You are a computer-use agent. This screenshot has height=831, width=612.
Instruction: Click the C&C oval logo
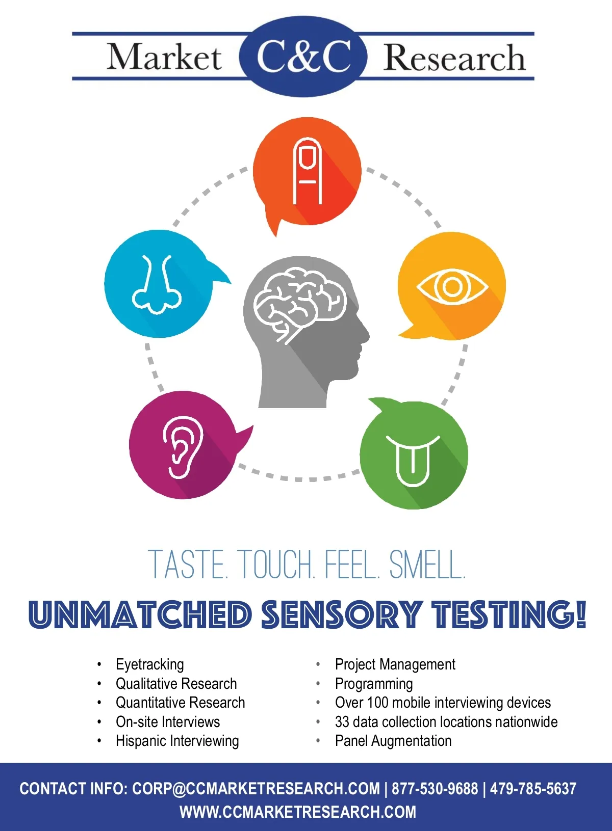(x=303, y=57)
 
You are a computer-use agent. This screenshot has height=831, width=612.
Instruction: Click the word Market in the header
(x=164, y=57)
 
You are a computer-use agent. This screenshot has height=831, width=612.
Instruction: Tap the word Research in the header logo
(x=454, y=57)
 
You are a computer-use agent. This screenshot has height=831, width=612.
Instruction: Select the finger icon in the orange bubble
(x=307, y=172)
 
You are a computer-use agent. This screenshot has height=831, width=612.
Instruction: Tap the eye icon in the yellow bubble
(x=452, y=287)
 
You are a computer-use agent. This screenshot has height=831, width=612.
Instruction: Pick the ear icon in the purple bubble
(x=183, y=447)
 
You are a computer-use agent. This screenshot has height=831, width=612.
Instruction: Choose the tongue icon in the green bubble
(x=413, y=461)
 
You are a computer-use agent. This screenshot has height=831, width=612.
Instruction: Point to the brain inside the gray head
(x=300, y=304)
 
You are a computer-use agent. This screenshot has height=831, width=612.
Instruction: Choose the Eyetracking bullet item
(x=149, y=664)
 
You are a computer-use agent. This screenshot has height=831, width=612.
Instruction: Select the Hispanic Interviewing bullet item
(x=177, y=741)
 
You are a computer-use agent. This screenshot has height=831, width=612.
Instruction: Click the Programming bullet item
(x=374, y=684)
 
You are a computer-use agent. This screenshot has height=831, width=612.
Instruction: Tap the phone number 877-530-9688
(x=435, y=789)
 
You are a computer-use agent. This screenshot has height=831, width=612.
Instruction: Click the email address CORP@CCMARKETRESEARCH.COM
(x=256, y=789)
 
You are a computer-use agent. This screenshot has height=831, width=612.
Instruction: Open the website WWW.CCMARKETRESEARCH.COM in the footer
(x=298, y=812)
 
